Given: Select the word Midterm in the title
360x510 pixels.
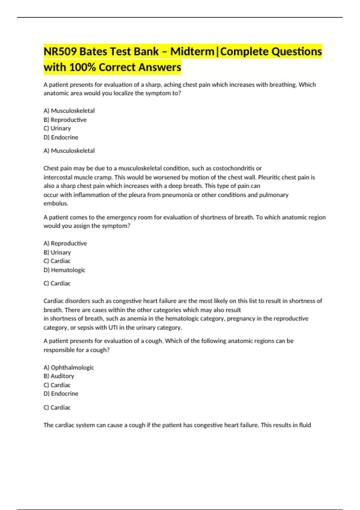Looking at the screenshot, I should (192, 52).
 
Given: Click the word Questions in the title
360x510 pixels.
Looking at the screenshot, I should (297, 52).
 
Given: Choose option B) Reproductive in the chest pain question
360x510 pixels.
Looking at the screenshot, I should (65, 120).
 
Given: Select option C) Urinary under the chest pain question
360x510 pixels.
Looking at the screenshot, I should (57, 128).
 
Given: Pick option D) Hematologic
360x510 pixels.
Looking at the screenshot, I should (64, 270).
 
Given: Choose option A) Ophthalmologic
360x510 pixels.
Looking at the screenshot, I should (69, 367).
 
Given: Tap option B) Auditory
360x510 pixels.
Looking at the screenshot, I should (59, 376).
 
